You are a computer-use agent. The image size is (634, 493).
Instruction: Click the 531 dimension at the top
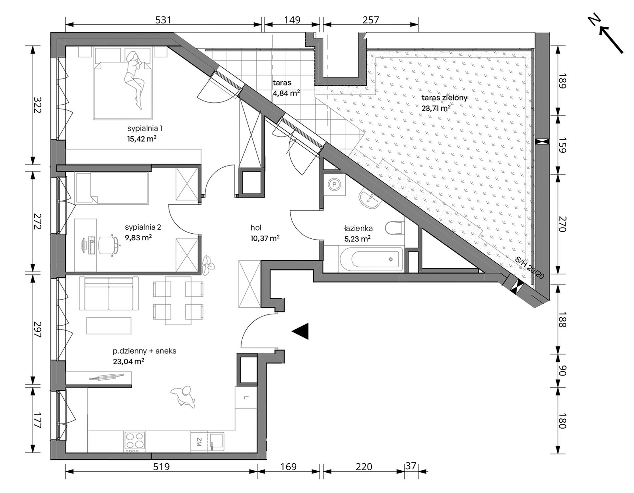coord(163,20)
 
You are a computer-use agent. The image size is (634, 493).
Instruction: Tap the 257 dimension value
coord(371,20)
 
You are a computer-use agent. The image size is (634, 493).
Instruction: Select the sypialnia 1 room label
coord(145,129)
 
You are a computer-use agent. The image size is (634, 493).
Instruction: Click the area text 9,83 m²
coord(138,237)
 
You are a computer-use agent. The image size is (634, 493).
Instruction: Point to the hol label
coord(256,228)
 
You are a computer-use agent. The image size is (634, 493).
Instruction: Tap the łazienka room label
coord(358,229)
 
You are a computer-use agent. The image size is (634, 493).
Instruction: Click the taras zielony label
coord(444,98)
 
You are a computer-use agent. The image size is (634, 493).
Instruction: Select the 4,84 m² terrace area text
coord(286,93)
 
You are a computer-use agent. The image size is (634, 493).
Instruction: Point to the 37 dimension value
coord(411,466)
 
